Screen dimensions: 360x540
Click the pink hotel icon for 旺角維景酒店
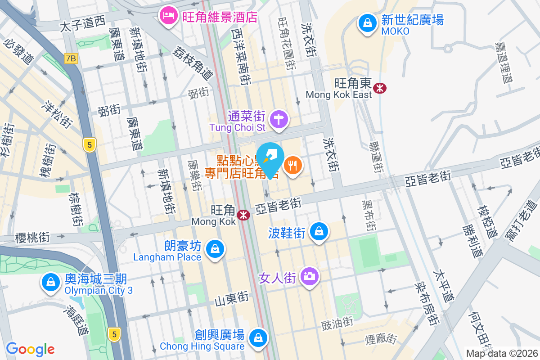(169, 17)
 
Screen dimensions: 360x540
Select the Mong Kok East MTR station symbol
(381, 88)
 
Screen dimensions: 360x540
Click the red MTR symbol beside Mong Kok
(244, 215)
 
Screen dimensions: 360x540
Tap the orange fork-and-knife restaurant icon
(293, 165)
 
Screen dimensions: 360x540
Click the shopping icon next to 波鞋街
(319, 231)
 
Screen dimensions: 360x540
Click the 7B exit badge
(71, 58)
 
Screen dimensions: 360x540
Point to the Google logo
(30, 349)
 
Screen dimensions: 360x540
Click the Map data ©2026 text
(501, 354)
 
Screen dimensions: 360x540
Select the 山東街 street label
(231, 298)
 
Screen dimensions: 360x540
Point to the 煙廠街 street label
(384, 338)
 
